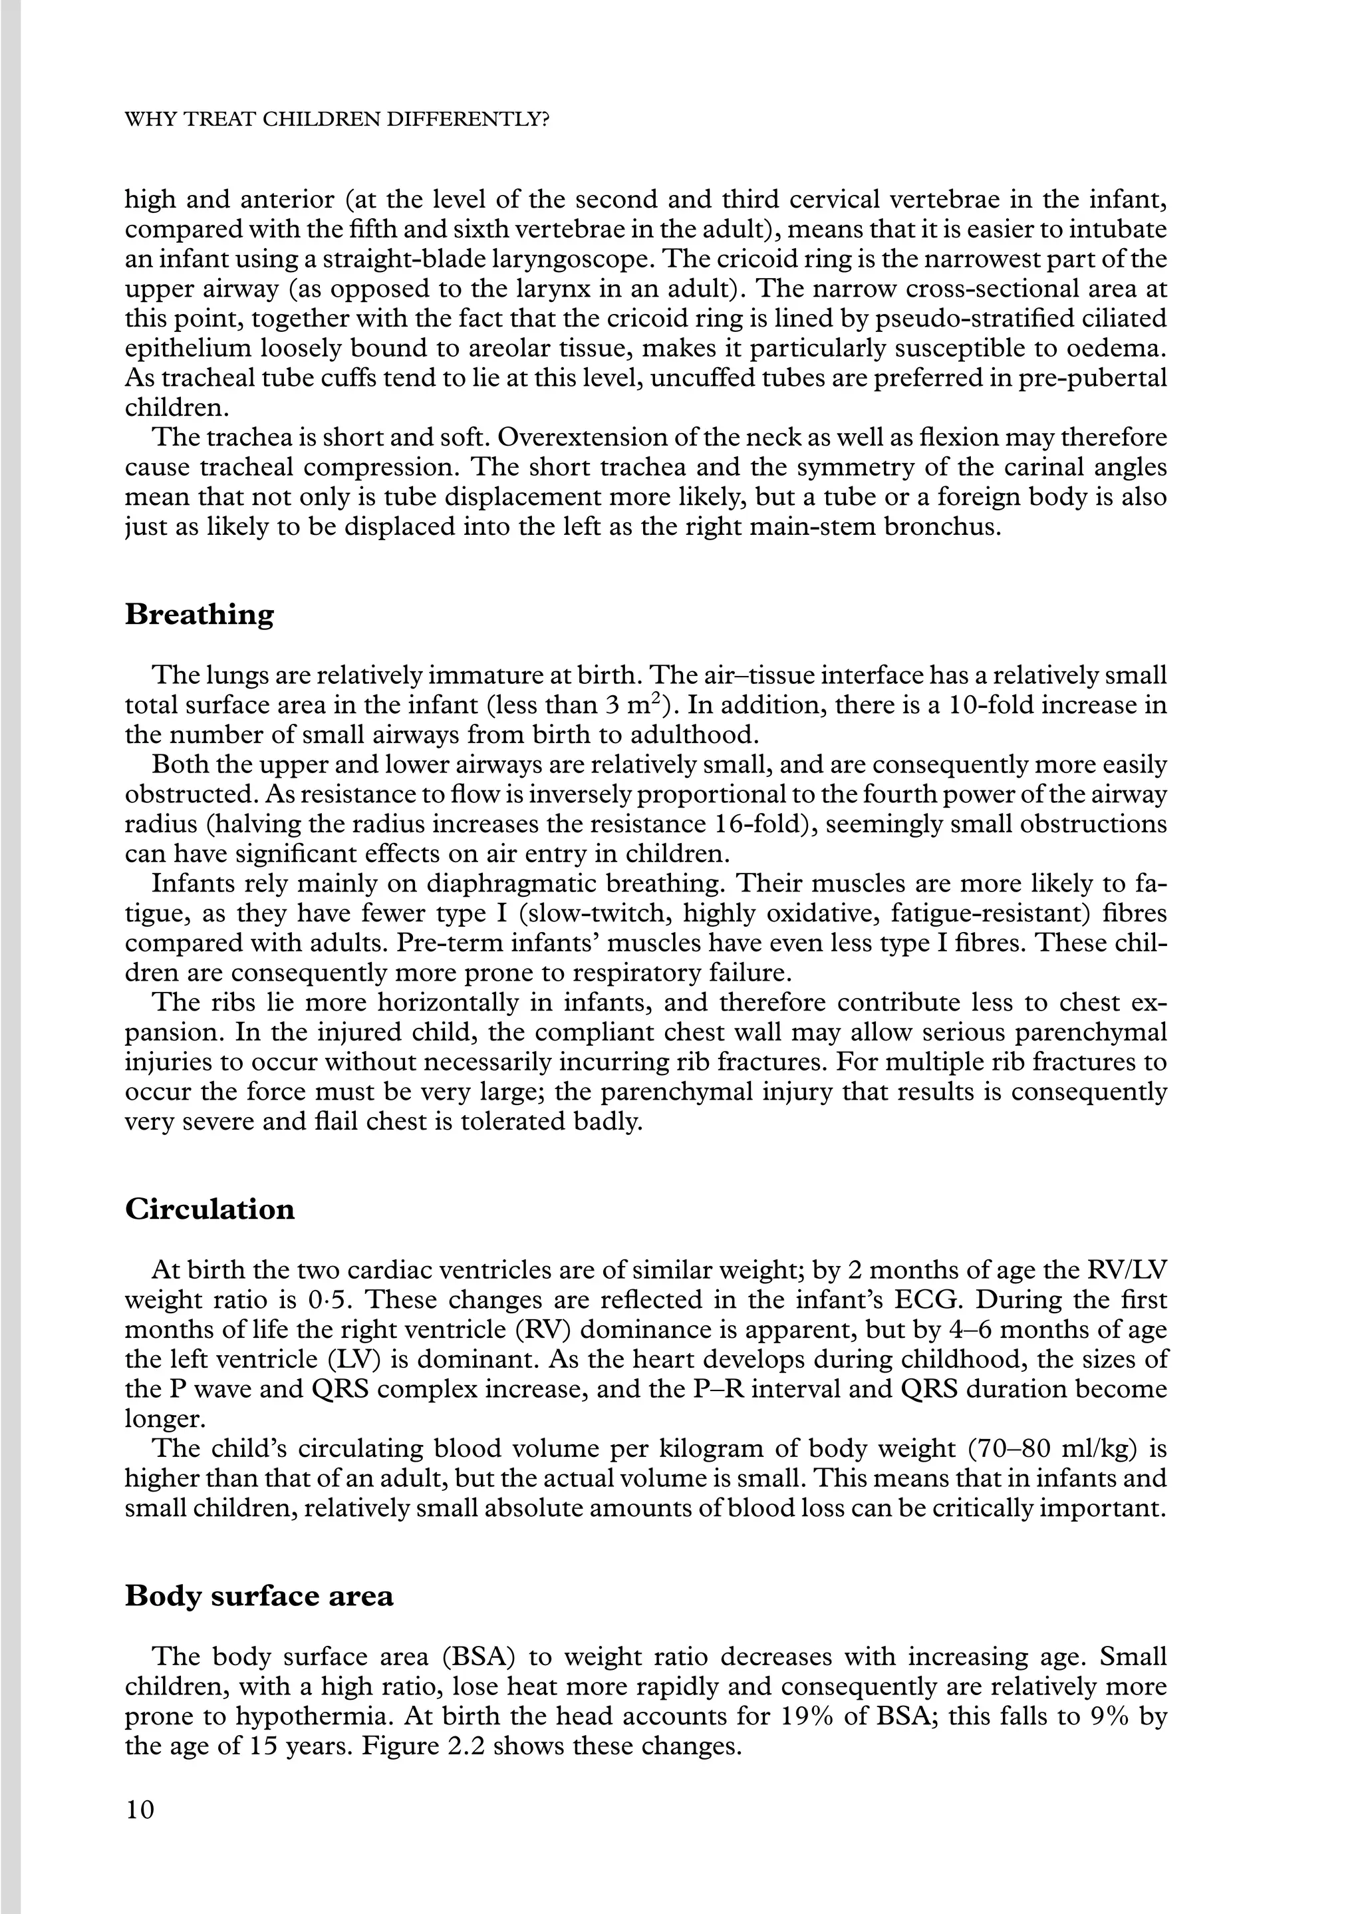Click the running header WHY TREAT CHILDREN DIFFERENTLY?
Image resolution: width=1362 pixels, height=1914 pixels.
pos(337,119)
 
